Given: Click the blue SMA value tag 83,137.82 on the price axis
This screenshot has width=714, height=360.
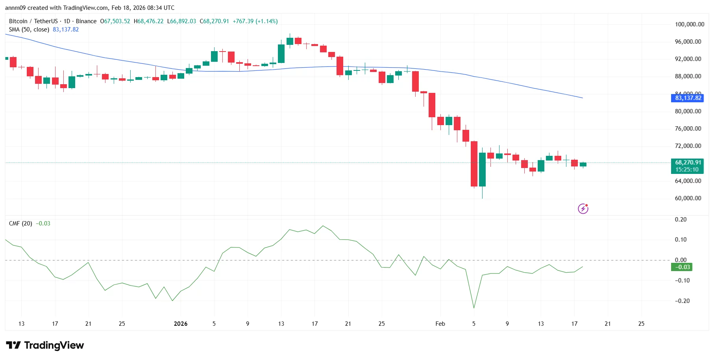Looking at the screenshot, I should [688, 98].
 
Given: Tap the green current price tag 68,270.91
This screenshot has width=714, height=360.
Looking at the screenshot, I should [688, 162].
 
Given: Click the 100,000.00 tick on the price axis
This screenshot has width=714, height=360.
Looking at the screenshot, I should [689, 24].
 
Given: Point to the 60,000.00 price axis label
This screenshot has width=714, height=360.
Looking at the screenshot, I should [688, 198].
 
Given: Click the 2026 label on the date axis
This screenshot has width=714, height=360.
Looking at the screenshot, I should [181, 324].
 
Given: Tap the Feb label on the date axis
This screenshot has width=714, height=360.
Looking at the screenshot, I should [440, 324].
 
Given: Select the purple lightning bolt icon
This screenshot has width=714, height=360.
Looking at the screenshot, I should [583, 209].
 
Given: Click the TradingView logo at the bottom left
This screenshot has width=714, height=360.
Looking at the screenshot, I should [45, 345].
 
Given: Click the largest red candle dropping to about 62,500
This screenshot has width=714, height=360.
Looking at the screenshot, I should [474, 164].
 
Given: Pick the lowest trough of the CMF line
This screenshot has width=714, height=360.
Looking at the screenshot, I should [474, 308].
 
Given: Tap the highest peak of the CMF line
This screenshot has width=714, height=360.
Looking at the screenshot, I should [323, 226].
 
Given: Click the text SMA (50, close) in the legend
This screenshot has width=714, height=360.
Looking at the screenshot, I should [29, 30].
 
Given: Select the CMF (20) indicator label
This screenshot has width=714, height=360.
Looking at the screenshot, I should [20, 223].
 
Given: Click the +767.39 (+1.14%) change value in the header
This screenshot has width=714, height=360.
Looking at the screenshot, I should [255, 21].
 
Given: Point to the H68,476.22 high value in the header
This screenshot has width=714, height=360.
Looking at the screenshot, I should [148, 21].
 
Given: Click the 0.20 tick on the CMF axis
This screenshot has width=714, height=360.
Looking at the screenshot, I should [681, 220].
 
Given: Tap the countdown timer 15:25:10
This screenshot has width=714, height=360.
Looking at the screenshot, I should [687, 170].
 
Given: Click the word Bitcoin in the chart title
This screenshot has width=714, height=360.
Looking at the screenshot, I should [18, 21].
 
